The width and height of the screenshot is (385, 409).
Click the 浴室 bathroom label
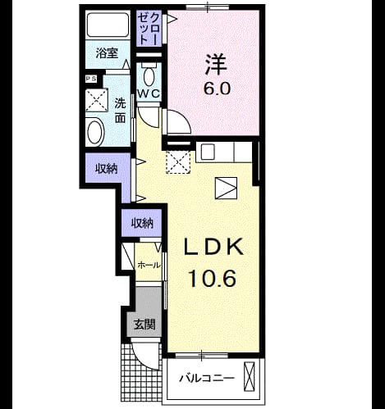[107, 53]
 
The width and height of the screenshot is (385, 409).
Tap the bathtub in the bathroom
[108, 25]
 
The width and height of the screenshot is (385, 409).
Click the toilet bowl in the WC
[149, 75]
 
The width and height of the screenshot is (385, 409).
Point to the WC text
[148, 94]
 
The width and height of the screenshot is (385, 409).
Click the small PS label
[91, 79]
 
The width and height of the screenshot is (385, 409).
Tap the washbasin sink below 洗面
[94, 132]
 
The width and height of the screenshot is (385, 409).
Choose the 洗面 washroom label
[120, 110]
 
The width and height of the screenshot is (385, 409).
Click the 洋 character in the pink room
[216, 65]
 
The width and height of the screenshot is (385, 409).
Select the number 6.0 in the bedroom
[218, 89]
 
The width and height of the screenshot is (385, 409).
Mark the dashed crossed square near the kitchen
[178, 161]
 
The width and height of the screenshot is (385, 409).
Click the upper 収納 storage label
[107, 169]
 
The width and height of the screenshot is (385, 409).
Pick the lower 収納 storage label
[142, 223]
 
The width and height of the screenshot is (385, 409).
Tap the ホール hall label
[149, 265]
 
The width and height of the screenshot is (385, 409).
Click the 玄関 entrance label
[144, 325]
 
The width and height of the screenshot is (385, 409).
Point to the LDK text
[213, 247]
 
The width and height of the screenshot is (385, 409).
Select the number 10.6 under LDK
[213, 278]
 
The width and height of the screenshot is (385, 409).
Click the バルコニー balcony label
[207, 379]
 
